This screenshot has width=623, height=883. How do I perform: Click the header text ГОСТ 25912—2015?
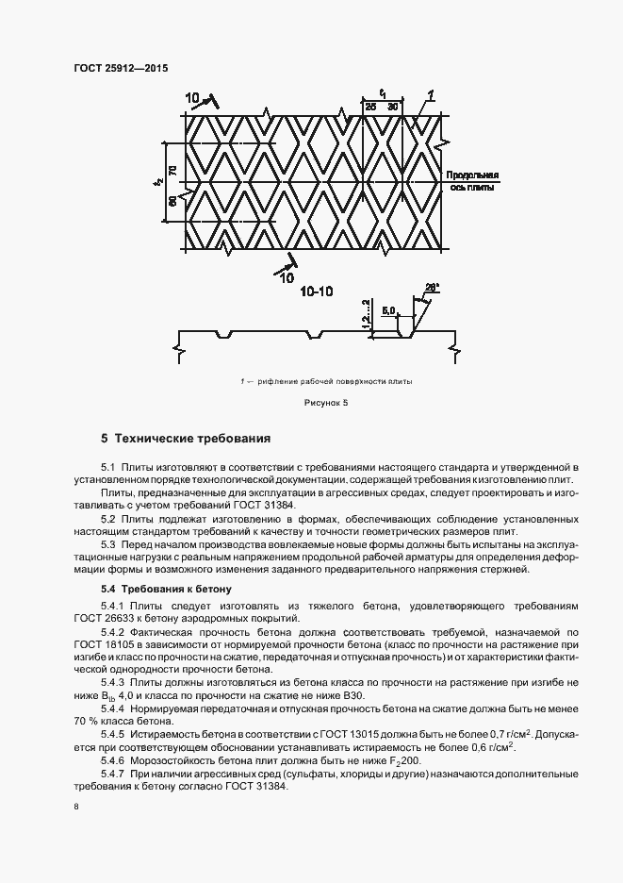click(x=115, y=68)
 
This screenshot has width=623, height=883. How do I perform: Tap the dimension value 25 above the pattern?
click(x=370, y=108)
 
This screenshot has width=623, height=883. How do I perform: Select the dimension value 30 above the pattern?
click(x=394, y=108)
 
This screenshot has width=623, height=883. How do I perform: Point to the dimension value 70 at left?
click(x=172, y=170)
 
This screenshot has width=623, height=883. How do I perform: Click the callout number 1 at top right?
click(x=430, y=93)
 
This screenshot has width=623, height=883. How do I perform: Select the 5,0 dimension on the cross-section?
click(x=388, y=308)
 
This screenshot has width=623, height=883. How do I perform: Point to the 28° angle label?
click(x=433, y=287)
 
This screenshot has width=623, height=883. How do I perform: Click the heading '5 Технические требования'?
click(x=186, y=439)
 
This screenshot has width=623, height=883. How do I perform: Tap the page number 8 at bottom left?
click(x=75, y=807)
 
